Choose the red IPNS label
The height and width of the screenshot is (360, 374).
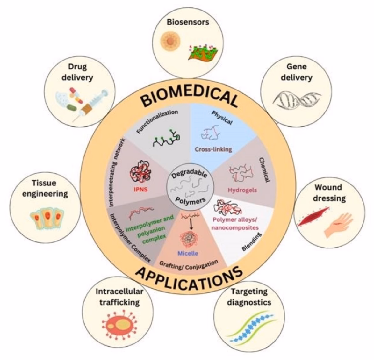pyautogui.click(x=140, y=190)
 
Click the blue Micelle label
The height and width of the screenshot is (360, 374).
pyautogui.click(x=188, y=253)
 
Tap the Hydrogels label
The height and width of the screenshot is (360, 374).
pyautogui.click(x=242, y=190)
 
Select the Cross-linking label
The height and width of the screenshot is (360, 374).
pyautogui.click(x=213, y=149)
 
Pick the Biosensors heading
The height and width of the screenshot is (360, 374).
pyautogui.click(x=188, y=22)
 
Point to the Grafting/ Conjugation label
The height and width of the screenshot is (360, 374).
pyautogui.click(x=189, y=264)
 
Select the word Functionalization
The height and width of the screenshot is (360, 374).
pyautogui.click(x=157, y=121)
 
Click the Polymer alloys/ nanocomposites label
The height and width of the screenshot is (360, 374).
pyautogui.click(x=235, y=223)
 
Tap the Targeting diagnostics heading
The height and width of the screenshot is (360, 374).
pyautogui.click(x=249, y=296)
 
